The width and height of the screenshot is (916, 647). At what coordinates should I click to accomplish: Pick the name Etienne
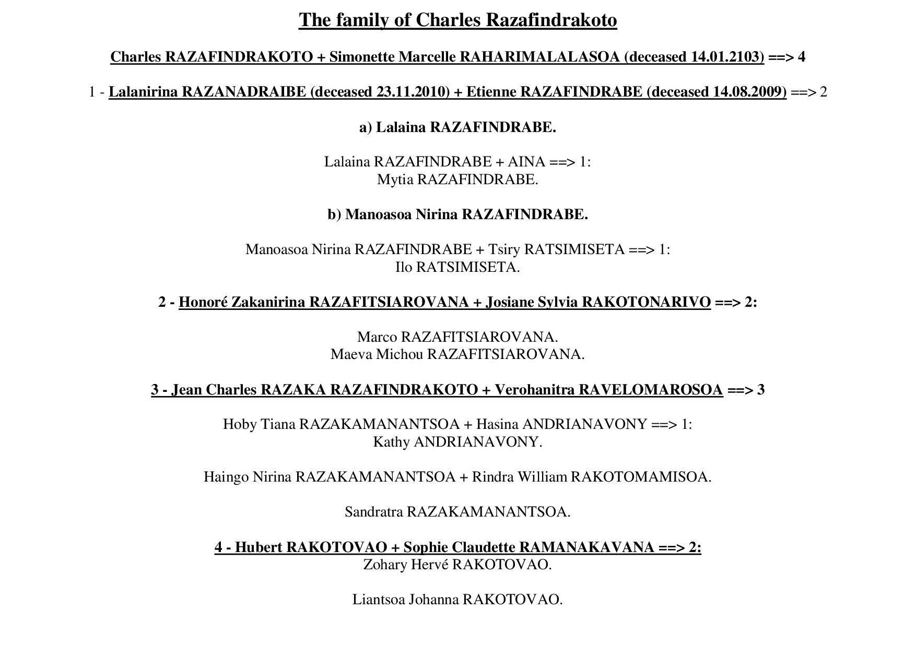coord(491,92)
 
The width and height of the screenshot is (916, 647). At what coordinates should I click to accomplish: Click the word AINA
coord(526,162)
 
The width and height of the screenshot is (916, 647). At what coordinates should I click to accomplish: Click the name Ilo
coord(404,267)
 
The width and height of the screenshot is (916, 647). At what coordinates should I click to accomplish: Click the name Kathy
coord(391,442)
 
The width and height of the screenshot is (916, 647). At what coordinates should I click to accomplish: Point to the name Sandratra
coord(374,512)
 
